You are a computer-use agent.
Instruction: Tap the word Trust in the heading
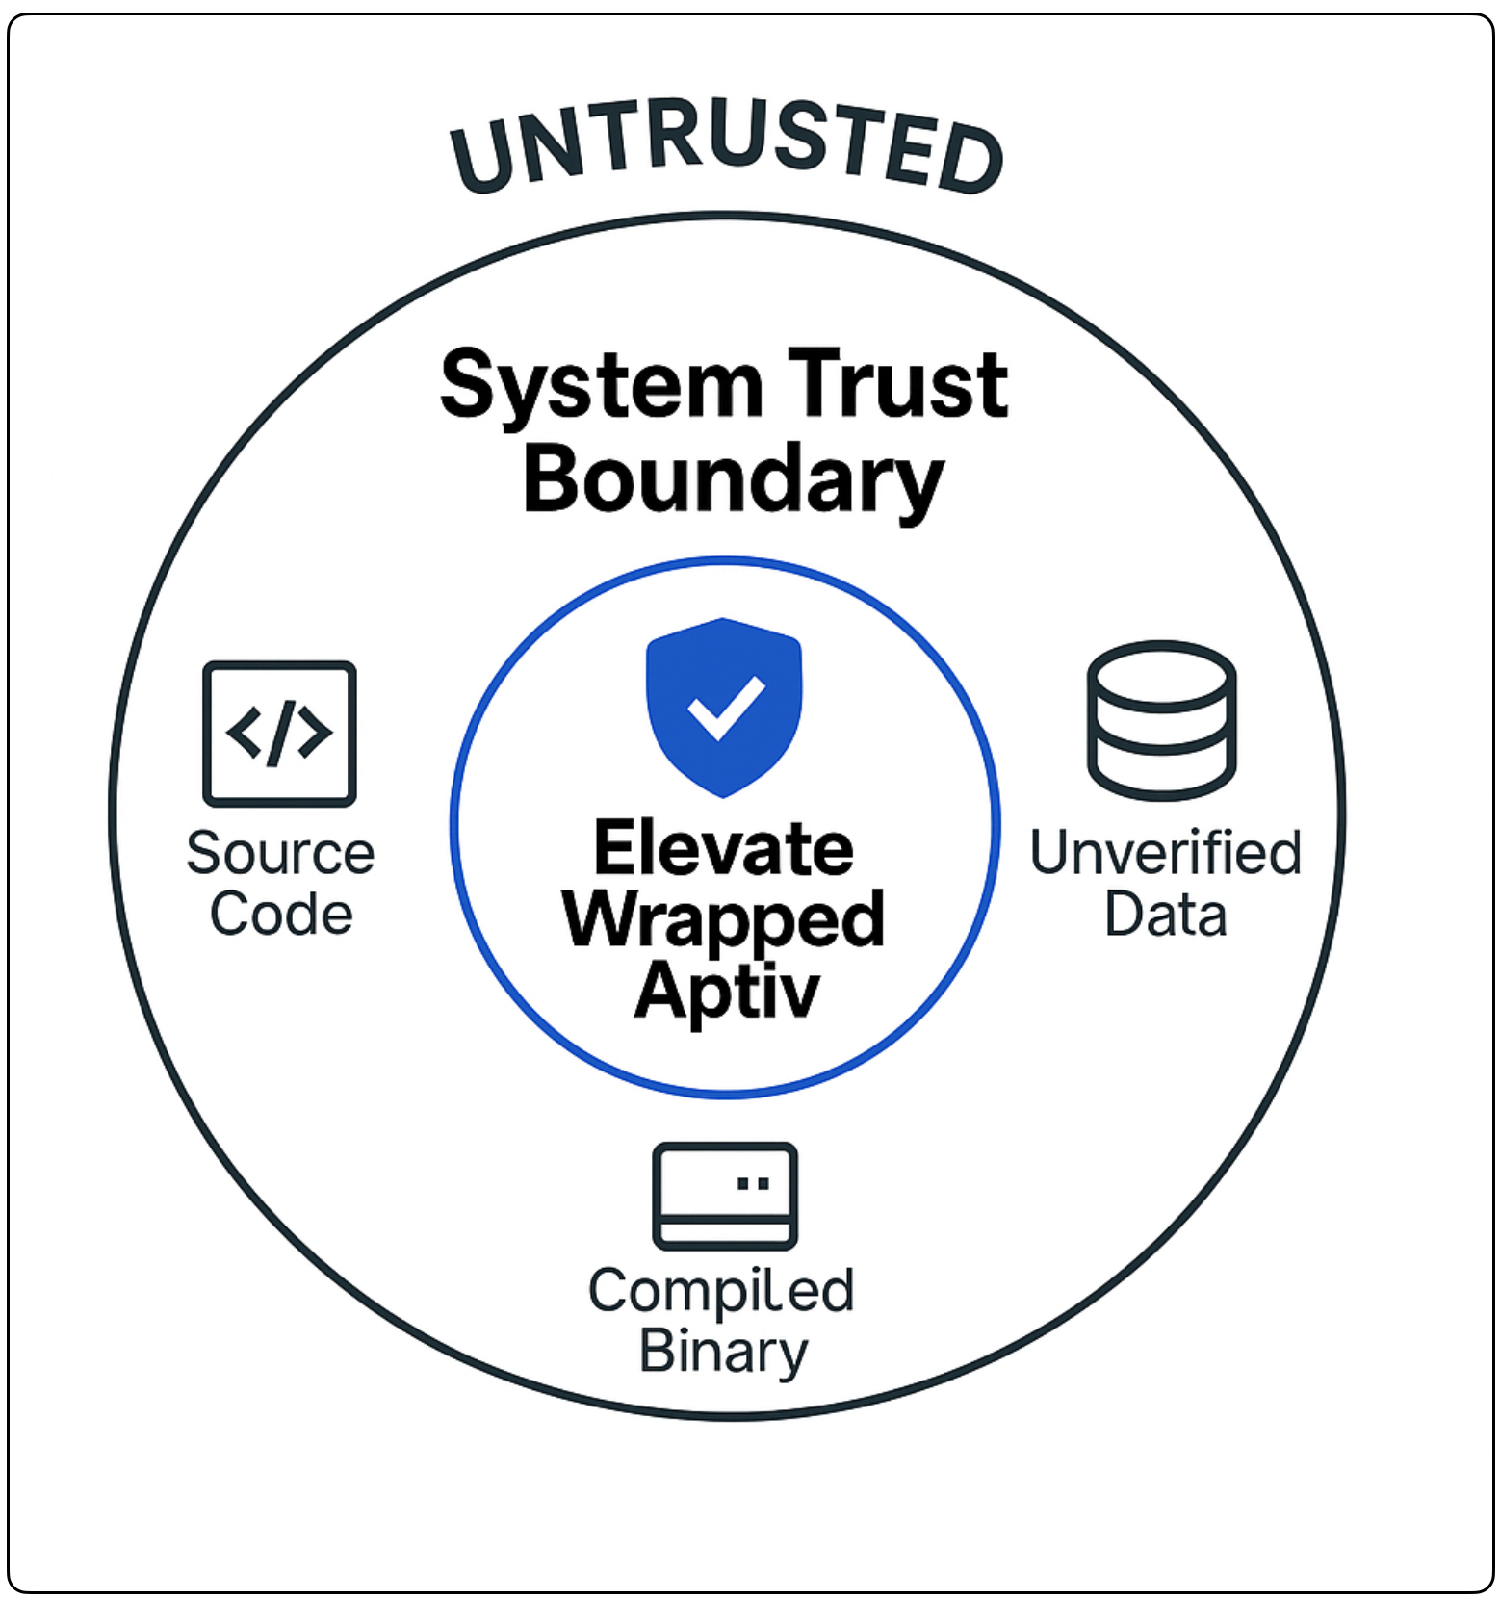(897, 385)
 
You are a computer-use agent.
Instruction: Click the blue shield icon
(724, 707)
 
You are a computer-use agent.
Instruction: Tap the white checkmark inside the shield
(726, 707)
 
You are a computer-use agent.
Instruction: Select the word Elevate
(724, 849)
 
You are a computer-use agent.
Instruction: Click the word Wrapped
(724, 920)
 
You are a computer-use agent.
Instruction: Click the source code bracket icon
(279, 734)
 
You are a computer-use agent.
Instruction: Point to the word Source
(280, 853)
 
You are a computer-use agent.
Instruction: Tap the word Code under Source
(281, 914)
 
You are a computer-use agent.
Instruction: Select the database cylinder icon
(1161, 720)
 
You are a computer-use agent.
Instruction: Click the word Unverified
(1165, 853)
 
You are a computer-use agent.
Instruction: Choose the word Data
(1165, 915)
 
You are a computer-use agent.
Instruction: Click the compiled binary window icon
(724, 1196)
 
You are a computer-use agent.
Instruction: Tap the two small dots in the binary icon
(753, 1183)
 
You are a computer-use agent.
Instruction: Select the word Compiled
(721, 1291)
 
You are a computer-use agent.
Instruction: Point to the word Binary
(724, 1352)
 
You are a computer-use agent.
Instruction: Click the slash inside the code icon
(279, 734)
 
